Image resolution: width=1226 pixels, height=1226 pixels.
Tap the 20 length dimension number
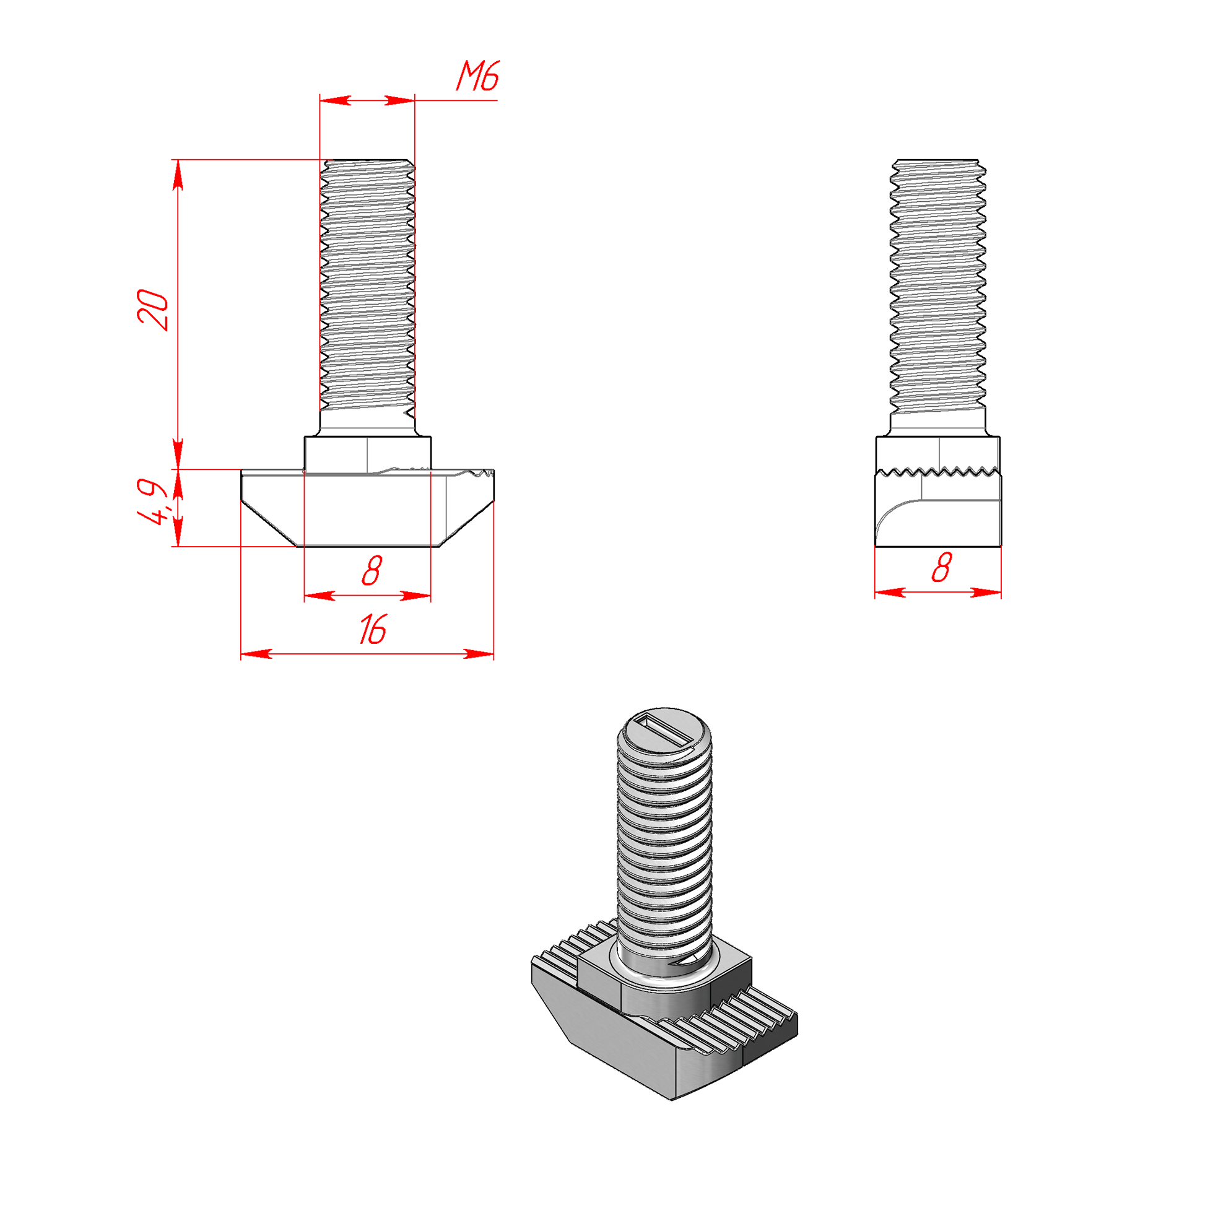[153, 310]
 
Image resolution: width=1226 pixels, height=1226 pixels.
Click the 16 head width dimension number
[373, 630]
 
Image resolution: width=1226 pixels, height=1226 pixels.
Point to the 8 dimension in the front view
[372, 570]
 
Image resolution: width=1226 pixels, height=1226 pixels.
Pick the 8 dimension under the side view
[942, 567]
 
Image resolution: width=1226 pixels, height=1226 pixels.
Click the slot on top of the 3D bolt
[664, 730]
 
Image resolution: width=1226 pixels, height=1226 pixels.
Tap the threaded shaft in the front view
[367, 295]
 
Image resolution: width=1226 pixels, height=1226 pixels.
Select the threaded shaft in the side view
[938, 295]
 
